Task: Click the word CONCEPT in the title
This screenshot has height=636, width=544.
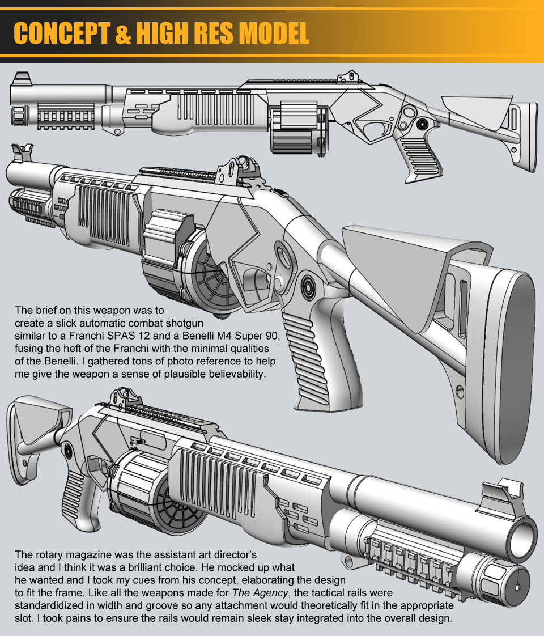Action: click(x=62, y=33)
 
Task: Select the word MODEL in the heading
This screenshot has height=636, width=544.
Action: click(x=274, y=33)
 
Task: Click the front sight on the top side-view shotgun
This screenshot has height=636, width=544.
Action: click(x=23, y=78)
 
